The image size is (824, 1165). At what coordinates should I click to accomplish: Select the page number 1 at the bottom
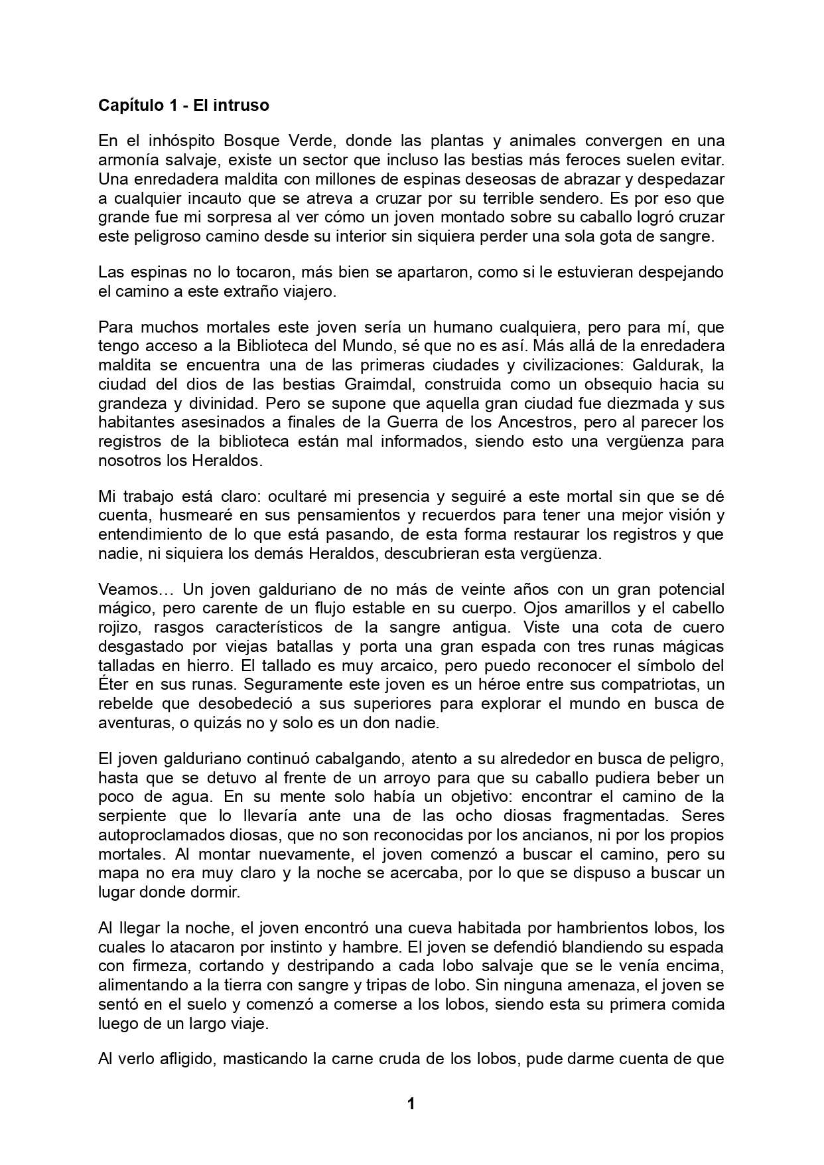411,1103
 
